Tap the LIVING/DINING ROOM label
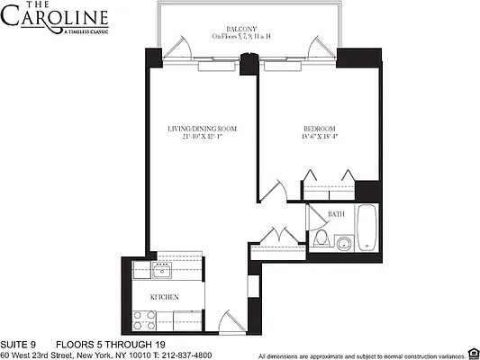coord(202,129)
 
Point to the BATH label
coord(336,214)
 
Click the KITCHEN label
coord(163,297)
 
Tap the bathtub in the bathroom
coord(367,229)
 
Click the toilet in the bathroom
coord(322,239)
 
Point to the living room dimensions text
coord(202,138)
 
